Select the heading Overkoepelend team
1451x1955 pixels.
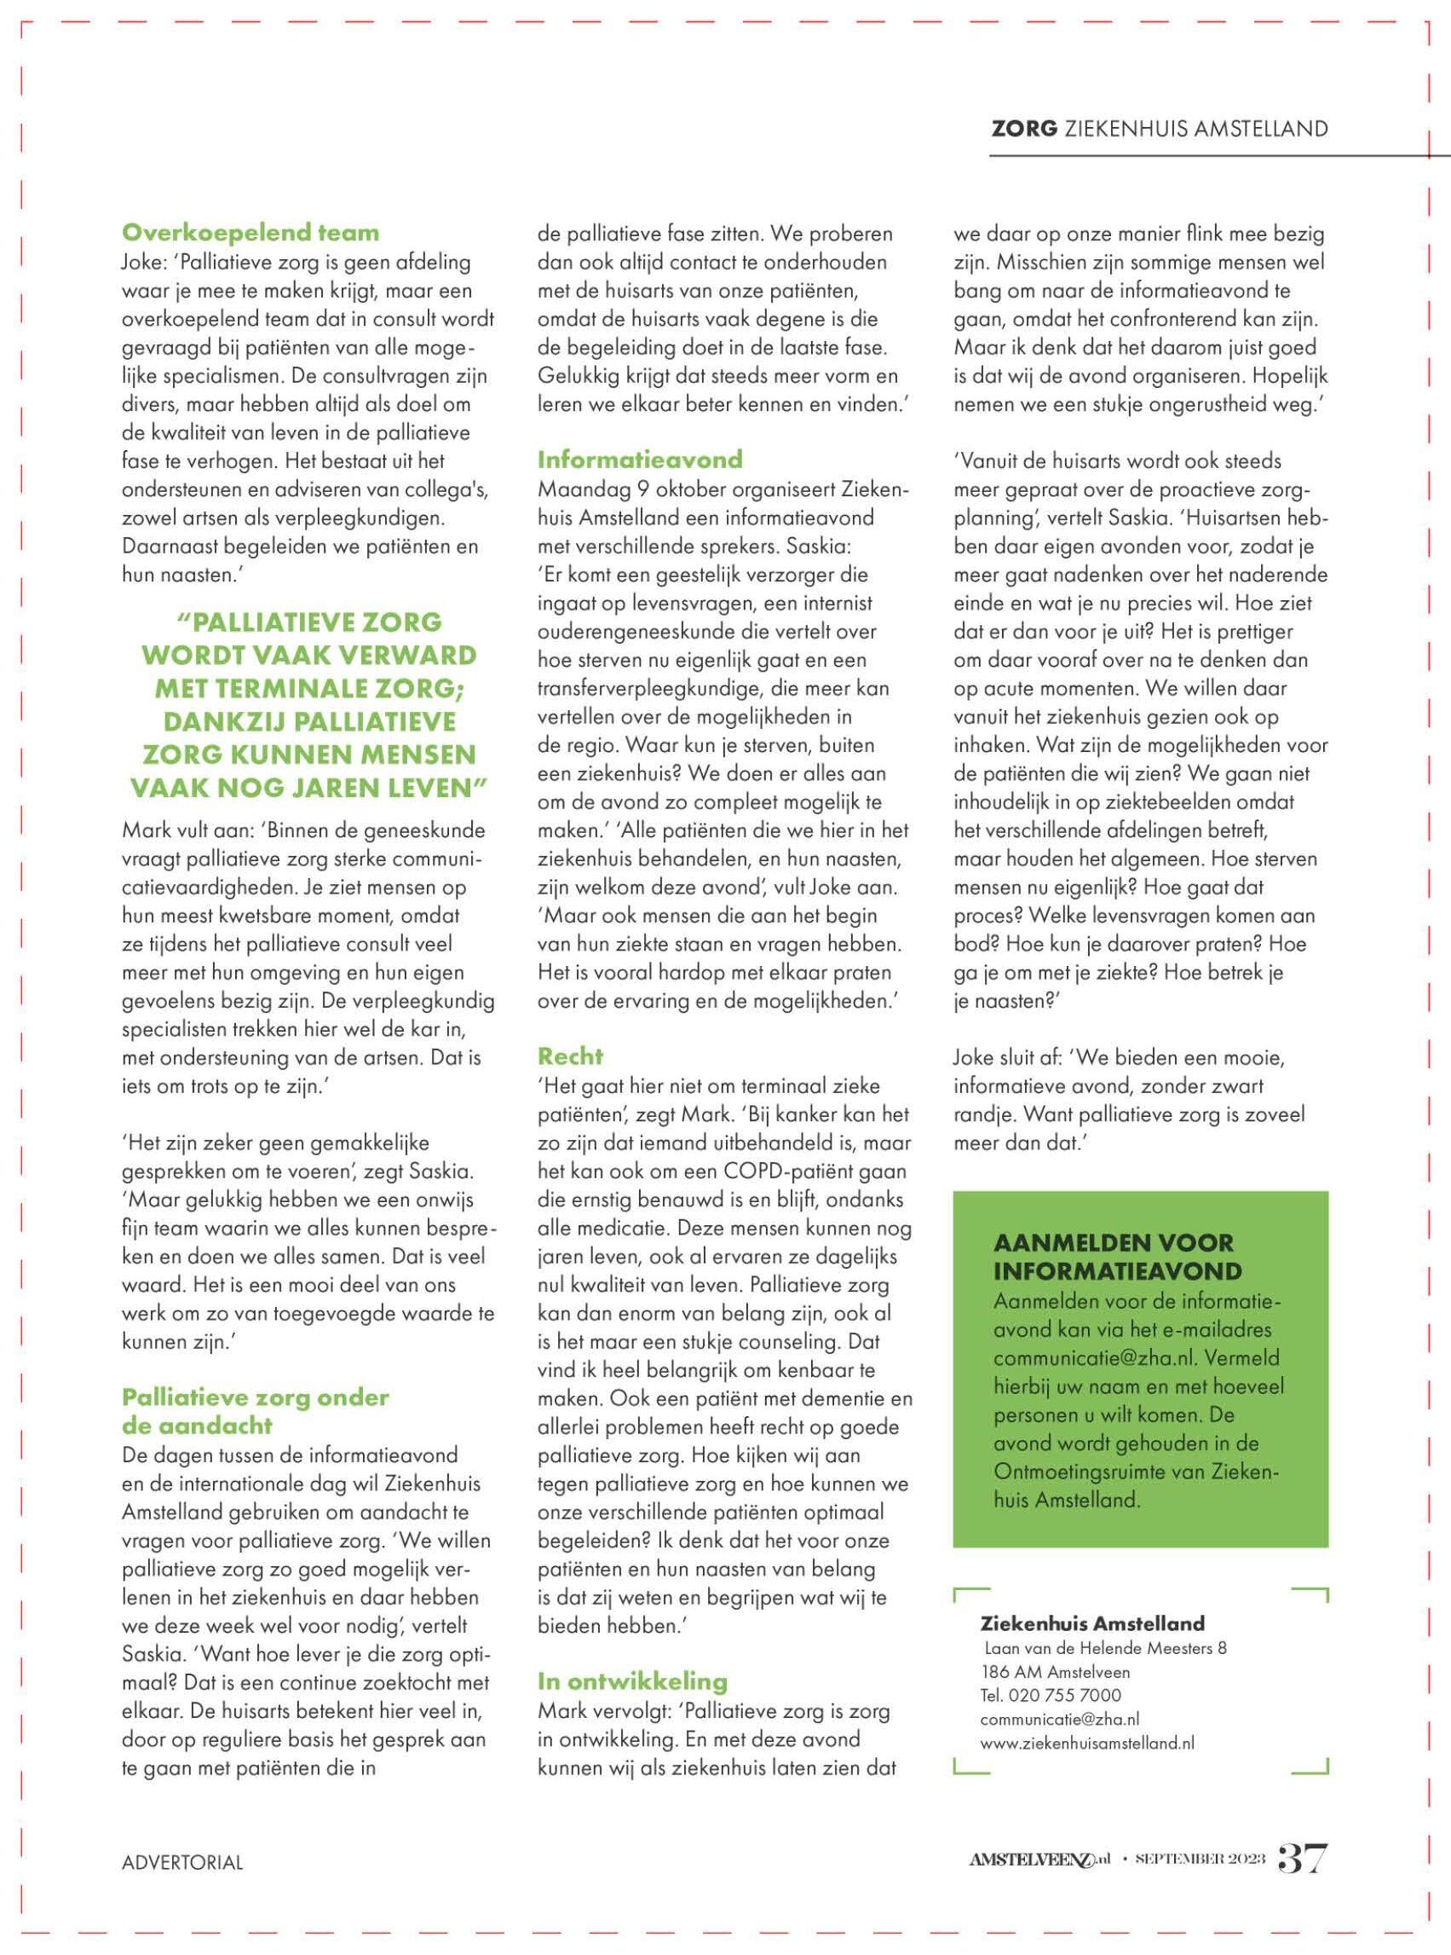250,233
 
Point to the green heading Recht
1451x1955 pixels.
570,1056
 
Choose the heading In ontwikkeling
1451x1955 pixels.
632,1681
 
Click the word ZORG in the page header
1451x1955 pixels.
1023,129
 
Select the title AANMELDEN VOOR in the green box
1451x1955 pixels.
1113,1243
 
